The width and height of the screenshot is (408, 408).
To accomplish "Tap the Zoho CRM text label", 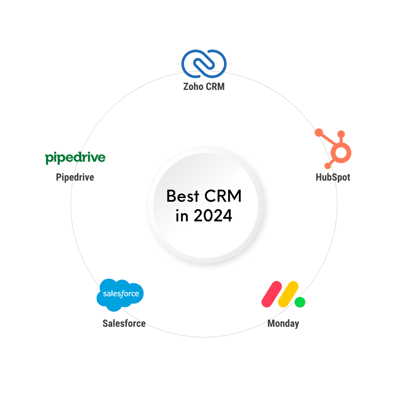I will [204, 87].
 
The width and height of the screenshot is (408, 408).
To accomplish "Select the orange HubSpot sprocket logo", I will [335, 149].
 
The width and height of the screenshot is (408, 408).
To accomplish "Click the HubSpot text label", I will [333, 177].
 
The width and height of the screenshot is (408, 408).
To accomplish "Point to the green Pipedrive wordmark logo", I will [75, 158].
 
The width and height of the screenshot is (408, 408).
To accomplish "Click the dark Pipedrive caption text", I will [75, 177].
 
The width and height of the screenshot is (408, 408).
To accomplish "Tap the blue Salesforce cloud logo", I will [120, 294].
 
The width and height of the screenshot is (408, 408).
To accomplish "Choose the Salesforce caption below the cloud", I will [124, 323].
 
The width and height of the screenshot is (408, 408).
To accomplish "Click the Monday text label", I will [283, 323].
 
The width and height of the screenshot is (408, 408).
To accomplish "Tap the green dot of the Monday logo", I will [300, 302].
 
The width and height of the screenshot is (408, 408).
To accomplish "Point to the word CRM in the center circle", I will [223, 196].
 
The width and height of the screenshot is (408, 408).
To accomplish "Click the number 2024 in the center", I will [213, 216].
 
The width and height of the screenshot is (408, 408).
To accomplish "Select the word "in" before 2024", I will [181, 216].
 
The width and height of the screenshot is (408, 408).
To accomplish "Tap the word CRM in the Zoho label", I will [216, 87].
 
